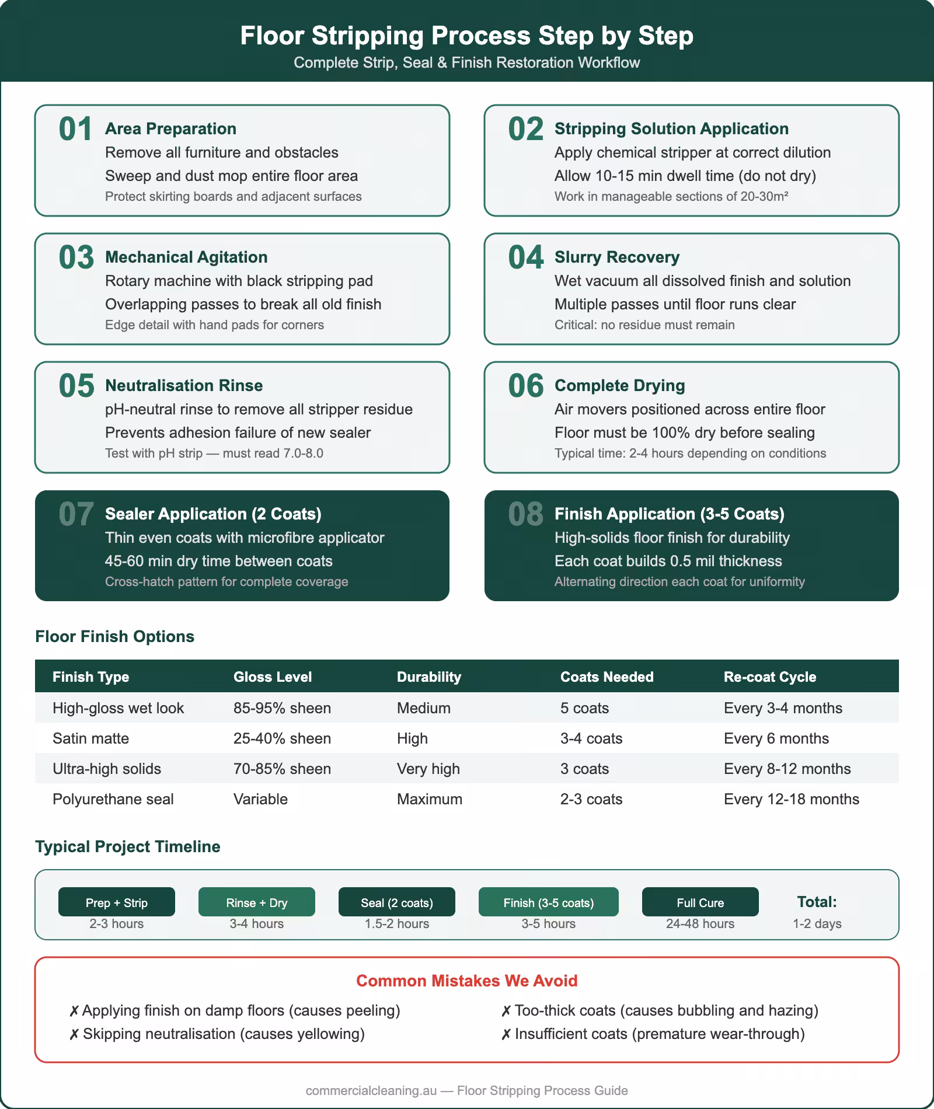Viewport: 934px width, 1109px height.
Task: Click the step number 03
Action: click(76, 257)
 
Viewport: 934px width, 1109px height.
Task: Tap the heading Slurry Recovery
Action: click(616, 257)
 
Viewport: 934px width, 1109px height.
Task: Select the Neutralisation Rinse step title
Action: click(183, 385)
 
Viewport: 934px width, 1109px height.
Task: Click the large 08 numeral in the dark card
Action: click(525, 514)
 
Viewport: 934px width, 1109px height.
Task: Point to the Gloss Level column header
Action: click(272, 676)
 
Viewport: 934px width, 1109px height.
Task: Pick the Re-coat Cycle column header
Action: click(769, 676)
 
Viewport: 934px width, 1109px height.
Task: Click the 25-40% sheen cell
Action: click(282, 738)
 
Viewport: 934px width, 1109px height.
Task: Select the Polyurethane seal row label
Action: click(113, 799)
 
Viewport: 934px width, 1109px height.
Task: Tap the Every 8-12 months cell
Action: click(787, 769)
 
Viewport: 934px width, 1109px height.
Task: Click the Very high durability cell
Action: click(428, 769)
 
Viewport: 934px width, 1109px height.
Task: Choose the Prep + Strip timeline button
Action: click(117, 902)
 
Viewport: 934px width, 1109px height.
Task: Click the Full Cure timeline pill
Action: click(700, 902)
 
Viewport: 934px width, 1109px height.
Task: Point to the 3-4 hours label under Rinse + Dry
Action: click(256, 923)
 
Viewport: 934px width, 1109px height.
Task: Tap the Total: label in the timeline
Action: click(817, 902)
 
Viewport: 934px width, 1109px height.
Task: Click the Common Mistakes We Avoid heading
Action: click(466, 981)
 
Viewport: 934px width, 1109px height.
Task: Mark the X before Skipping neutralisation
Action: click(74, 1034)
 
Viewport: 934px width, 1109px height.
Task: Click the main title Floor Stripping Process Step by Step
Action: click(466, 36)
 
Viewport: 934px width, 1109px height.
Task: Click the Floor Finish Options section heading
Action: click(114, 636)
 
